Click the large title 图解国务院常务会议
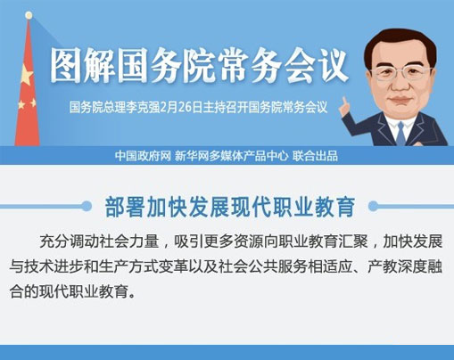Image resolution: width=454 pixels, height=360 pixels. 199,65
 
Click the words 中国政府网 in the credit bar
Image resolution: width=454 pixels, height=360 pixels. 143,156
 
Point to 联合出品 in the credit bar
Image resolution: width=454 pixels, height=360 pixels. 315,156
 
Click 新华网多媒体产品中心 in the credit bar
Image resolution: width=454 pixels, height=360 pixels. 231,156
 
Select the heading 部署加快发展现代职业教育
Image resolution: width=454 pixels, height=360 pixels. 230,207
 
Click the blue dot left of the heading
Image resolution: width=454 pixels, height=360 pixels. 87,206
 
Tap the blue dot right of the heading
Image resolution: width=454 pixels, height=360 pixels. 374,206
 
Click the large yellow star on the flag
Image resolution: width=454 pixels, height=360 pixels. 27,75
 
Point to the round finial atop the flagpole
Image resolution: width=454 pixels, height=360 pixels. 29,15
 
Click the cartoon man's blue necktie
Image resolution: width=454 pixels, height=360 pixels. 400,134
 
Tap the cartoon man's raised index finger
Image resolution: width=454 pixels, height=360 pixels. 345,102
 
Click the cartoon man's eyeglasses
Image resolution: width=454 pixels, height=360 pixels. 401,73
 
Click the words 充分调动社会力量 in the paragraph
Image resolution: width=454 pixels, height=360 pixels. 99,241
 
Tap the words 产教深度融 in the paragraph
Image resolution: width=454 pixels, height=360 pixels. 405,267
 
